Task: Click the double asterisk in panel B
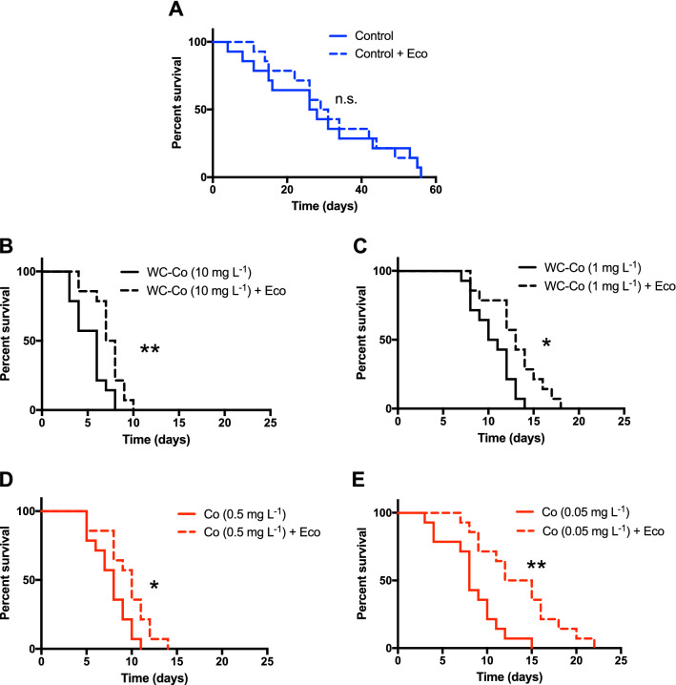(x=150, y=351)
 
